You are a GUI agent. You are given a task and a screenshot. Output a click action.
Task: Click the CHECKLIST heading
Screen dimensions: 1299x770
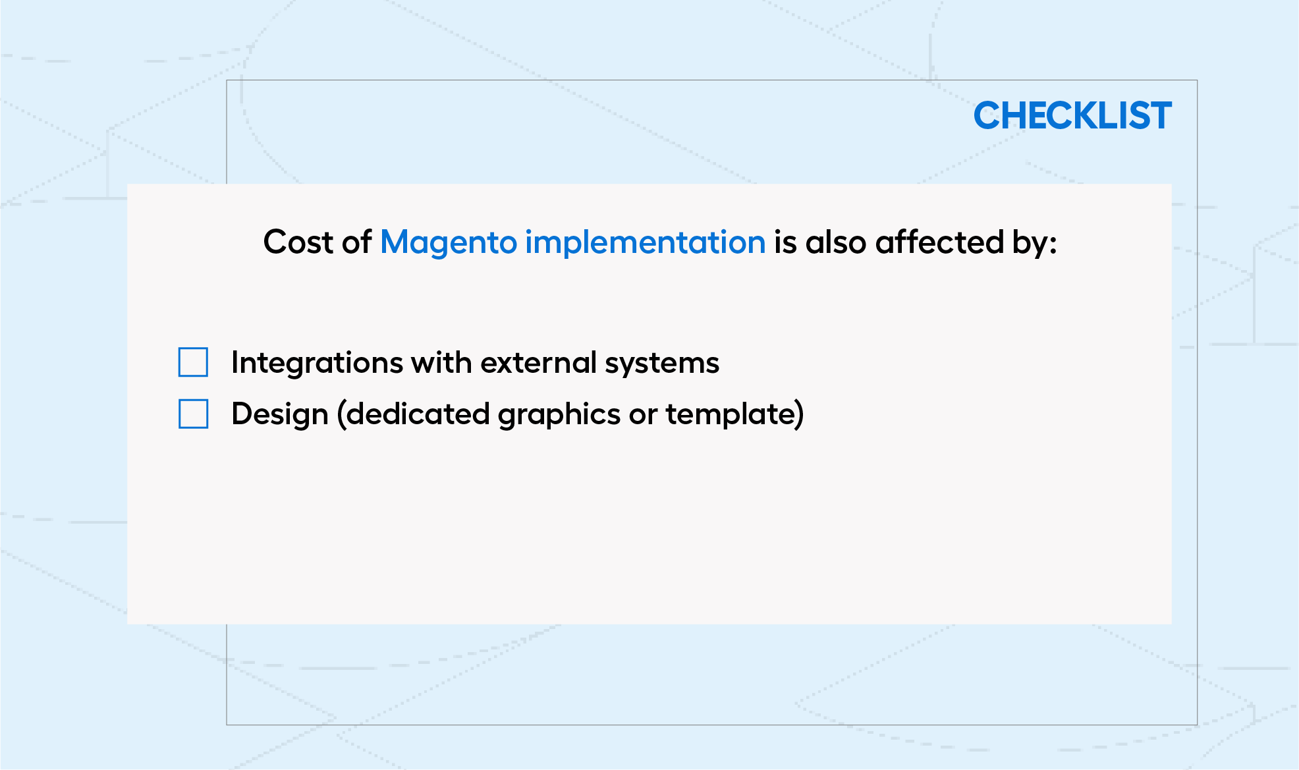(1072, 116)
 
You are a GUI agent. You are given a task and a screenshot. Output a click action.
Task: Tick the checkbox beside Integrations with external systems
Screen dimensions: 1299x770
(193, 362)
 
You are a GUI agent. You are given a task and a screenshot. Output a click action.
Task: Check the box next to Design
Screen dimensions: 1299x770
(193, 414)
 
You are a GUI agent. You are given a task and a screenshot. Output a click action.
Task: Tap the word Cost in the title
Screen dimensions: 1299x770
(298, 242)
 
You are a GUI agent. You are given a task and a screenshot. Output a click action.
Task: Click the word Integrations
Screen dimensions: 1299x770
(318, 364)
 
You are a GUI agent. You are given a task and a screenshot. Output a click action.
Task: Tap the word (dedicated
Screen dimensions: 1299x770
(413, 414)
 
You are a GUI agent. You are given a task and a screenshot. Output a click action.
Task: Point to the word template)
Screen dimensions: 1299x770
(734, 414)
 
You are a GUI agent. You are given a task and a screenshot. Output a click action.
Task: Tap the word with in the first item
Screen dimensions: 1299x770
(441, 362)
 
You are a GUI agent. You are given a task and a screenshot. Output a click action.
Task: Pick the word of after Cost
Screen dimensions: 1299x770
(357, 242)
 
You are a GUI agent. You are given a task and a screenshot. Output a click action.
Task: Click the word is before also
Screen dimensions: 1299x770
(786, 242)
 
